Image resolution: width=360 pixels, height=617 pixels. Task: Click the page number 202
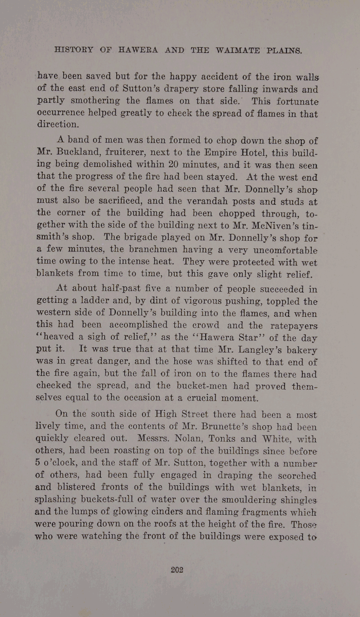tap(177, 569)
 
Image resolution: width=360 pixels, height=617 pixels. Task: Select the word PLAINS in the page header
tap(281, 51)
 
